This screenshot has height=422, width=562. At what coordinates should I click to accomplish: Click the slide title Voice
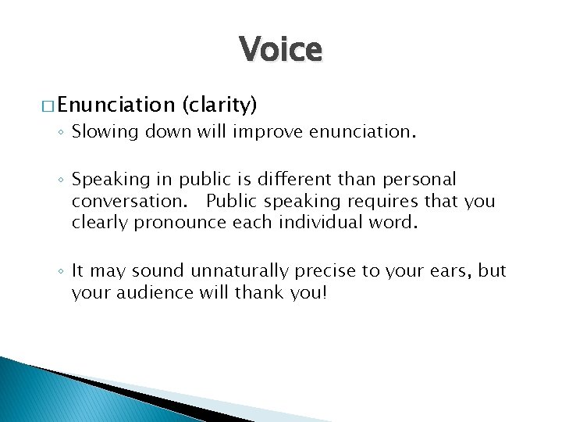coord(280,50)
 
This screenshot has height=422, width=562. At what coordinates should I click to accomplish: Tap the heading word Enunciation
coord(115,104)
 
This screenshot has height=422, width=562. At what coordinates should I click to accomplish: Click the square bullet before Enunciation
coord(47,105)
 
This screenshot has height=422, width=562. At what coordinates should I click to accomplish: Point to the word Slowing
coord(101,133)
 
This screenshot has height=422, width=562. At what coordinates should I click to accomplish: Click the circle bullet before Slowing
coord(63,134)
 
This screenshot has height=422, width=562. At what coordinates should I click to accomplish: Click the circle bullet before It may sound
coord(63,272)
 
